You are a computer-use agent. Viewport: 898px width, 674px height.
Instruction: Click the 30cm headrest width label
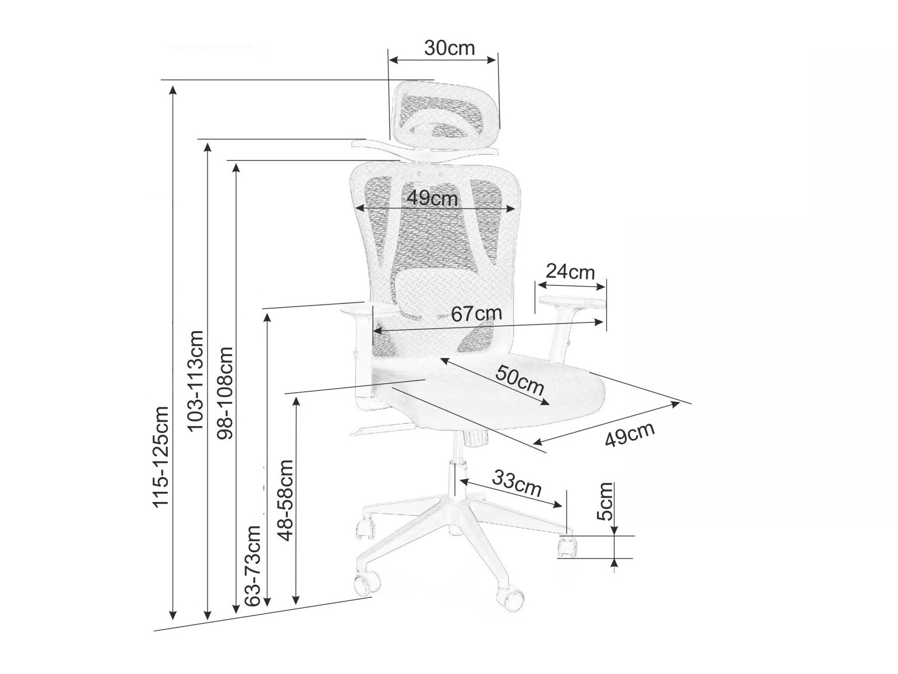point(449,48)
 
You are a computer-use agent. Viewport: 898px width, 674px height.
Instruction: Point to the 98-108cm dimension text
point(226,393)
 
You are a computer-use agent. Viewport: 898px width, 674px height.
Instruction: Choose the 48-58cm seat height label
point(286,500)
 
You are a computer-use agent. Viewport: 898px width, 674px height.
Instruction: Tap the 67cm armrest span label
point(476,314)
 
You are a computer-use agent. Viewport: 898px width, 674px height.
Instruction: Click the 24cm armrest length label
point(570,272)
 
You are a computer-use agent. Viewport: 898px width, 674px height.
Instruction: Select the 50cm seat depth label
point(520,380)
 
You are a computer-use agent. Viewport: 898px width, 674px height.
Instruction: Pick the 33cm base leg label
point(517,483)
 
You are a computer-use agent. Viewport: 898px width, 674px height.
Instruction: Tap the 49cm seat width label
point(630,435)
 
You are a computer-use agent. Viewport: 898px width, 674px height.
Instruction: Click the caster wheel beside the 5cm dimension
point(567,547)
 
